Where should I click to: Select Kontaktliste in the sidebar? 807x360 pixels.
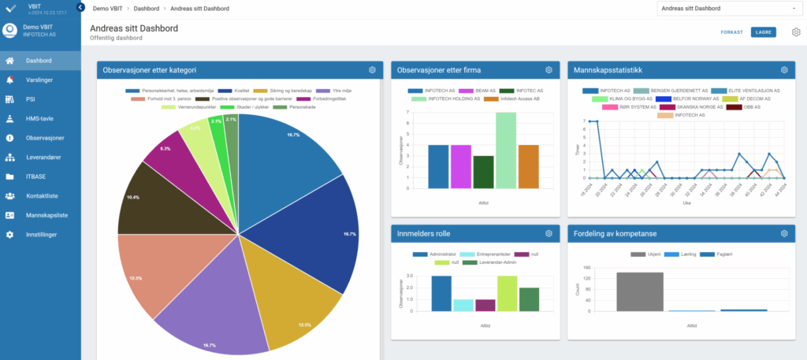[42, 195]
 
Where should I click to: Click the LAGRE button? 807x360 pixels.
[764, 32]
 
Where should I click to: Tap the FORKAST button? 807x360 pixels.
[731, 32]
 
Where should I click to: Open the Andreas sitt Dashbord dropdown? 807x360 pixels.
[727, 9]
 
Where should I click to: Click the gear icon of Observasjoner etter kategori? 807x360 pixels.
[372, 70]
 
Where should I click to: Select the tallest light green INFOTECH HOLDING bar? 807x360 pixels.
[507, 150]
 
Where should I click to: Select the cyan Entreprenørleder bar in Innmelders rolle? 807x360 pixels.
[463, 306]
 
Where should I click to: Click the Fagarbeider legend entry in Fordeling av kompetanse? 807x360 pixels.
[705, 254]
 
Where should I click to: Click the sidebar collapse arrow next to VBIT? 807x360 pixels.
[80, 7]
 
